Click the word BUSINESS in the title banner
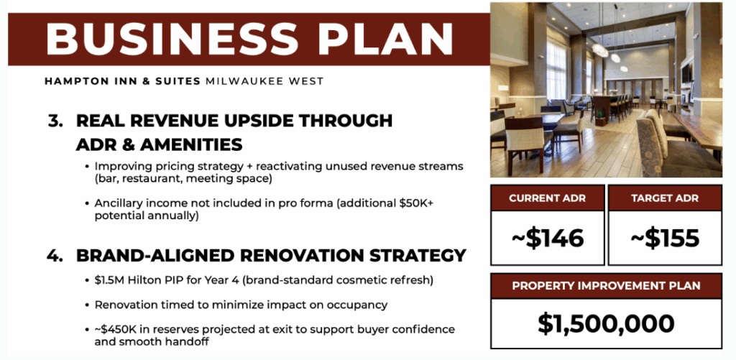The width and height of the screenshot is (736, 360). click(x=172, y=39)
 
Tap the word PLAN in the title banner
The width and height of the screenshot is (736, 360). click(x=385, y=39)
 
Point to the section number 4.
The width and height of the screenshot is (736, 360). click(x=55, y=256)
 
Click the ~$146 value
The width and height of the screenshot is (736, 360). click(x=547, y=238)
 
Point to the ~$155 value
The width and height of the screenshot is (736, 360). click(x=665, y=238)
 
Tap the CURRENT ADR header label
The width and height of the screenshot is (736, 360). click(x=547, y=198)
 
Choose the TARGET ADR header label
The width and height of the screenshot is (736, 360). click(x=665, y=198)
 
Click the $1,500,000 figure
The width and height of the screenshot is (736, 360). click(x=606, y=323)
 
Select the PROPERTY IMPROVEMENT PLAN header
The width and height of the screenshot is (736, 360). click(x=606, y=286)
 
